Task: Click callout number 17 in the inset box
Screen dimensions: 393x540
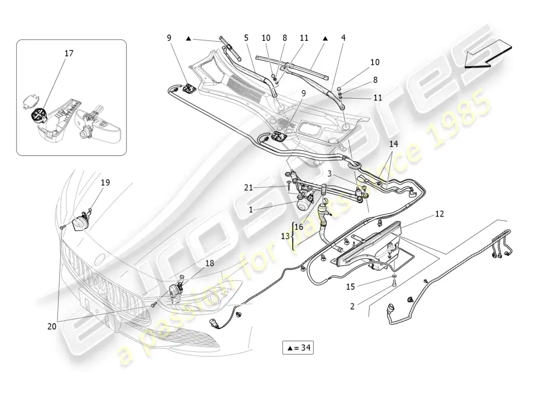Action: point(69,53)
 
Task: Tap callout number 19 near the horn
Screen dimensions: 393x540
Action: point(106,183)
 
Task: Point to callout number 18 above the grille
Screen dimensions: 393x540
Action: point(210,263)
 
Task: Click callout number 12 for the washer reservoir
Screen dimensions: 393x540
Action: point(439,214)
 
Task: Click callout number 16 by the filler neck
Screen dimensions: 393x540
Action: point(299,226)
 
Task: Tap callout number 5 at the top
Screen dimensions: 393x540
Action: point(246,37)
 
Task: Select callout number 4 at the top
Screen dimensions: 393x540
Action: point(344,37)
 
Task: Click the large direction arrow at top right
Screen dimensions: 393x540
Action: point(486,55)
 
